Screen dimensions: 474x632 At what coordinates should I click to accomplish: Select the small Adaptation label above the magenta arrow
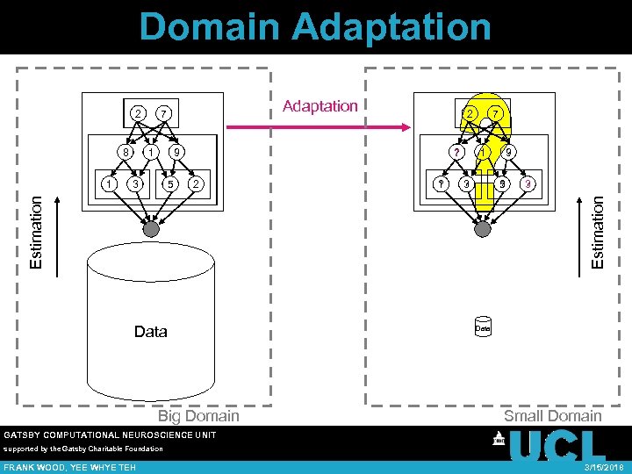tap(320, 106)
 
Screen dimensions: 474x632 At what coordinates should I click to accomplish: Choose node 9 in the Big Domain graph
tap(177, 152)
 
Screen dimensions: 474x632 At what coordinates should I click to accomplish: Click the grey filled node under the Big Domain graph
tap(151, 228)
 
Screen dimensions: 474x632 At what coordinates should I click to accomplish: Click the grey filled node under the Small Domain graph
tap(482, 228)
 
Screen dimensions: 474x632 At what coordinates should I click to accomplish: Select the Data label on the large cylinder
tap(150, 332)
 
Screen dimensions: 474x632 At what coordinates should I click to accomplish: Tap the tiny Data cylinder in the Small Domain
tap(482, 327)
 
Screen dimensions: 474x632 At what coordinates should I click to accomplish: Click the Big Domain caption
tap(198, 415)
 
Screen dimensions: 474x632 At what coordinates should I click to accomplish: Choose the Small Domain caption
tap(552, 415)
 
